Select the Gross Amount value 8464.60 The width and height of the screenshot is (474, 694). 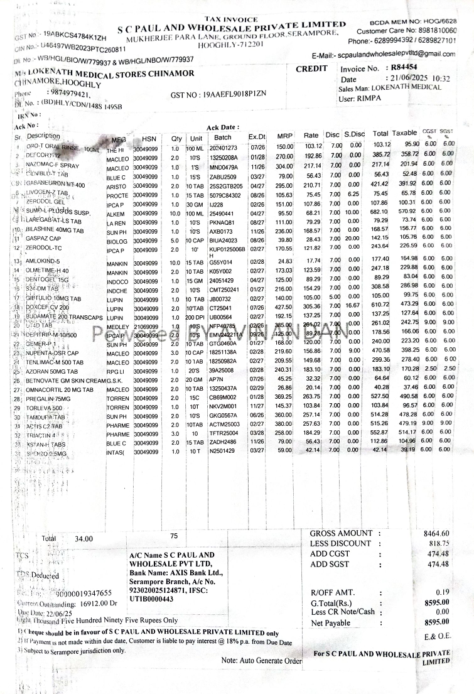(x=436, y=534)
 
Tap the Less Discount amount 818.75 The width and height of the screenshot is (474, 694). (x=439, y=544)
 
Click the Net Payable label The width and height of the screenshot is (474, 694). (x=330, y=622)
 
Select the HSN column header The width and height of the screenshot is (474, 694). (x=149, y=138)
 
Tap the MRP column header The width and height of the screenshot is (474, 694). (x=286, y=136)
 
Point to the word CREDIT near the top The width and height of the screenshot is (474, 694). (x=311, y=68)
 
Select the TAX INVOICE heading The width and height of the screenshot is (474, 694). (x=231, y=19)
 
